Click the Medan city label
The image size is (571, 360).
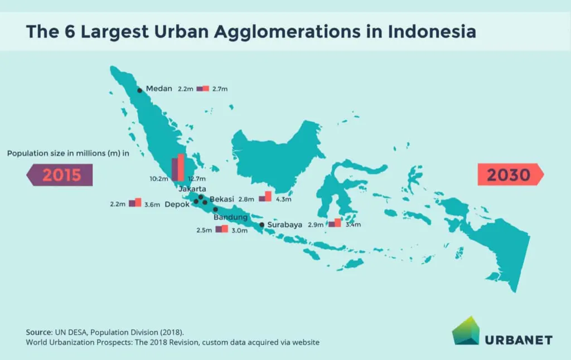(159, 89)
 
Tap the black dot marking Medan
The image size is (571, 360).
(139, 90)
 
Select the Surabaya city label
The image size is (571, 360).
(284, 225)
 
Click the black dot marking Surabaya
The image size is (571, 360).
(262, 225)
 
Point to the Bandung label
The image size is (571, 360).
(230, 217)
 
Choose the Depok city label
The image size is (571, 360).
(177, 205)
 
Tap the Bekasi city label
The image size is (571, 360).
(222, 199)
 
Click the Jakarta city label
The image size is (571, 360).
(192, 188)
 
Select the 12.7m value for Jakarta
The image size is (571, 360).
(197, 179)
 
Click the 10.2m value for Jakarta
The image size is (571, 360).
(159, 179)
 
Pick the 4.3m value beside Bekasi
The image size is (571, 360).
(283, 200)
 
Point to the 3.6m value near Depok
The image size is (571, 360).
(152, 205)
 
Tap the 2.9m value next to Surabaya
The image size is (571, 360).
(316, 225)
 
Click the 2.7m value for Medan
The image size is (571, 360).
(220, 89)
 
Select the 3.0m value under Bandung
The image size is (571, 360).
(240, 230)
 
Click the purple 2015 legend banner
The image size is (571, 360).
(60, 175)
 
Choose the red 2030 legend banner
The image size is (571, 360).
(511, 175)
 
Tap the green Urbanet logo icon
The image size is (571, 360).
(466, 330)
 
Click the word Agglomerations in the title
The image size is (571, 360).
(287, 32)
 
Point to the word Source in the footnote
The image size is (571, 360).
(39, 332)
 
